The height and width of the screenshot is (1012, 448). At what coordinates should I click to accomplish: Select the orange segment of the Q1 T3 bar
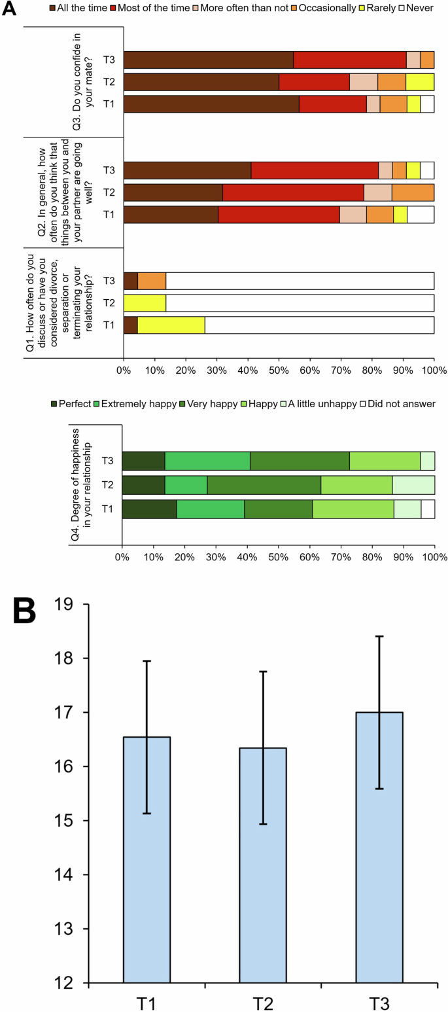[x=152, y=281]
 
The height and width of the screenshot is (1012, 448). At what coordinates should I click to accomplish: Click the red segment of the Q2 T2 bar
[x=293, y=192]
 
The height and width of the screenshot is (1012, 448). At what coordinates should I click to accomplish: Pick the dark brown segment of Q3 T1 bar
[x=211, y=104]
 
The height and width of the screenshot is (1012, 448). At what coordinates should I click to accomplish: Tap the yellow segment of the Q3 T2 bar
[x=420, y=82]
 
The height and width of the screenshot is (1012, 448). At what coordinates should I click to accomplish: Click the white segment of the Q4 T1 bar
[x=428, y=509]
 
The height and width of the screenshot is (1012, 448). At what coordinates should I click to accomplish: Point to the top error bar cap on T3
[x=379, y=636]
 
